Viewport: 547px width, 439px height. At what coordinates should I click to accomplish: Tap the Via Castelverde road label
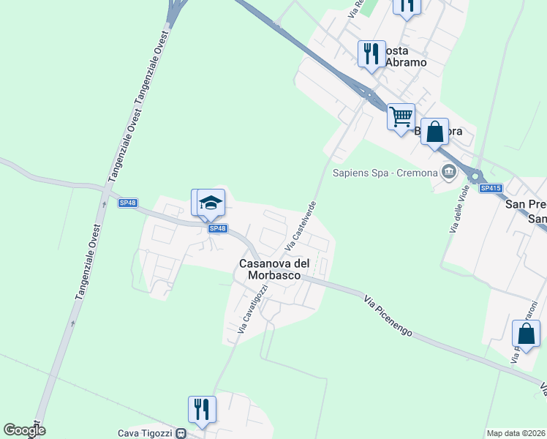coord(301,222)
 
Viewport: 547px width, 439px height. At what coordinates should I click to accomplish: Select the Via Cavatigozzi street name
coord(253,308)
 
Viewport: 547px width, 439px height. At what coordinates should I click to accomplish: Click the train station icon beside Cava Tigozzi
coord(181,433)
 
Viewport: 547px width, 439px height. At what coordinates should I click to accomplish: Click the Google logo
coord(24,431)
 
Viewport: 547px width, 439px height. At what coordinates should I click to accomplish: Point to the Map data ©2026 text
coord(516,433)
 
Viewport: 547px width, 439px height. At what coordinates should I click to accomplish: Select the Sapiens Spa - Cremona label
coord(385,173)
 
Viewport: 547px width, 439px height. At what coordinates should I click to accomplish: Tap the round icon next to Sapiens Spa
coord(448,173)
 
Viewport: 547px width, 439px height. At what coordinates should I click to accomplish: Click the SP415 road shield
coord(491,188)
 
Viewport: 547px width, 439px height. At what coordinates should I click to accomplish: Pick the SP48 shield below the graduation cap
coord(217,228)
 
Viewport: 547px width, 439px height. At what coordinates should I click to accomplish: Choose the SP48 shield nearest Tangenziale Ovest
coord(127,203)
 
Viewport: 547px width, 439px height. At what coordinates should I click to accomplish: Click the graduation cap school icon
coord(211,203)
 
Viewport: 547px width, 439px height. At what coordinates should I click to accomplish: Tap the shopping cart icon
coord(401,116)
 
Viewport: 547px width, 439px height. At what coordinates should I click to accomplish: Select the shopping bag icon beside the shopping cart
coord(434,132)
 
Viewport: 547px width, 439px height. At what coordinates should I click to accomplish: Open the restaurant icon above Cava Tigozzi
coord(201,410)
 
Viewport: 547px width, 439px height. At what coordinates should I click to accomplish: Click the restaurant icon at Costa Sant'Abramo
coord(371,54)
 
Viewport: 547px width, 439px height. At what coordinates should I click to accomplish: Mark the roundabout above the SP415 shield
coord(476,176)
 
